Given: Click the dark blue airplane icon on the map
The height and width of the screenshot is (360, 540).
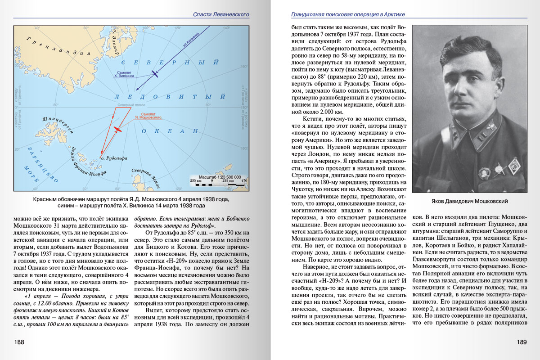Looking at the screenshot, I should click(x=154, y=73).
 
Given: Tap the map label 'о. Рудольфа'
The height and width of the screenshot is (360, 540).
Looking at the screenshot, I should click(x=114, y=158).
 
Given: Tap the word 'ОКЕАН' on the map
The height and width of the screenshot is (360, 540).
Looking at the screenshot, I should click(x=170, y=131).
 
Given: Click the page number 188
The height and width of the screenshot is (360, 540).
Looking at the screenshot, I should click(x=19, y=342).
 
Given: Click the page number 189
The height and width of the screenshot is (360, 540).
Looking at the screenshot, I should click(x=521, y=342).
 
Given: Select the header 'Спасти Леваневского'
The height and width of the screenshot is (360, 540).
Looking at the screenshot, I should click(x=221, y=14).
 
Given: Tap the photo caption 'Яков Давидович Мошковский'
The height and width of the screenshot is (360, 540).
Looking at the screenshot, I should click(x=469, y=202).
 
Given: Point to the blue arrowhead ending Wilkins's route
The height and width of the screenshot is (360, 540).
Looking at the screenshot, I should click(x=136, y=90).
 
